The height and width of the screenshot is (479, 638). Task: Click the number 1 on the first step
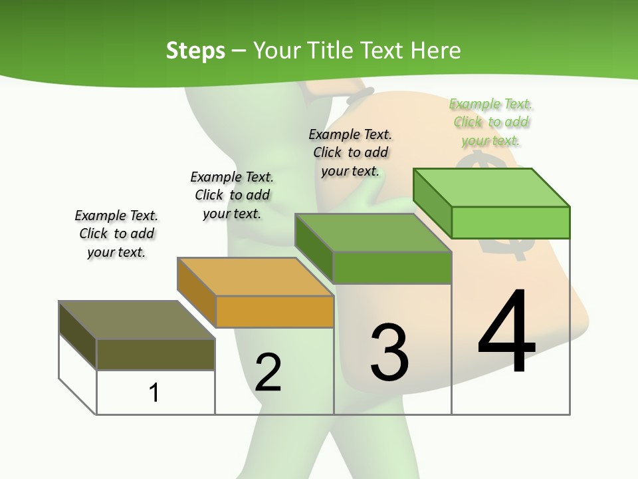[x=154, y=393]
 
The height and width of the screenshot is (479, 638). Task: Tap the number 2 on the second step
[x=268, y=373]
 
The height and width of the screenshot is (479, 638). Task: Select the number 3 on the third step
[x=389, y=353]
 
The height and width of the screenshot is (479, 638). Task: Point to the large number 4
[x=506, y=333]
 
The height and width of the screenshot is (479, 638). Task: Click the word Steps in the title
[x=195, y=51]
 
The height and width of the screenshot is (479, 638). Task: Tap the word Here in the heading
[x=436, y=51]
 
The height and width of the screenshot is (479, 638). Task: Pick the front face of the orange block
[x=274, y=311]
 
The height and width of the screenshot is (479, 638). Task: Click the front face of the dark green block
[x=392, y=267]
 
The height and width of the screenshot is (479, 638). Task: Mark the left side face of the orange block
[x=197, y=292]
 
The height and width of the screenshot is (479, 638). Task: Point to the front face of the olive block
[x=156, y=354]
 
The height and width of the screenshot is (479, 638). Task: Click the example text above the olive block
[x=116, y=234]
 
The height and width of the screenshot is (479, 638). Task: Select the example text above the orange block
[x=232, y=195]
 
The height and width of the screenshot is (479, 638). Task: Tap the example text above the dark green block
[x=350, y=152]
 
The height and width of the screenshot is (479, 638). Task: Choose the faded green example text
[x=491, y=122]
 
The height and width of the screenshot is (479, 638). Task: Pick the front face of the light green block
[x=510, y=222]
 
